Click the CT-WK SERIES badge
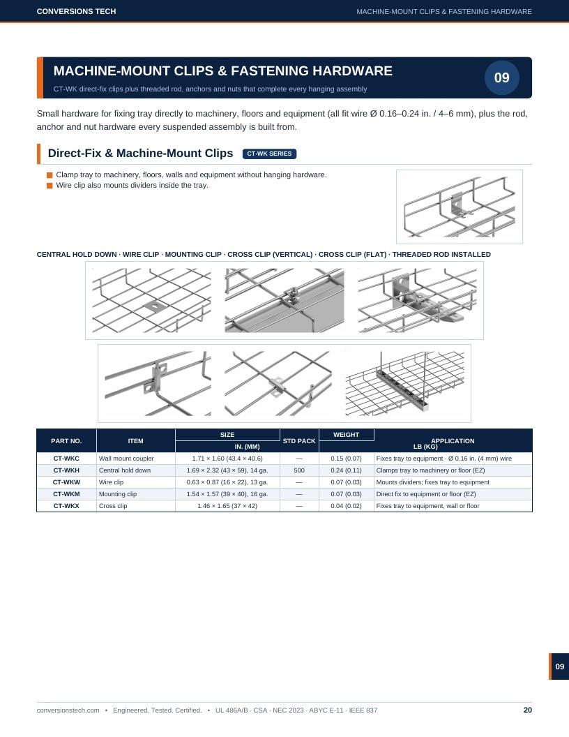(x=269, y=154)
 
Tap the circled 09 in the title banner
(x=502, y=77)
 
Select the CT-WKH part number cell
(x=66, y=470)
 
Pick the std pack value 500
(x=299, y=470)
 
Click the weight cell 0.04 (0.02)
(x=346, y=506)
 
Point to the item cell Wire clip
(x=112, y=482)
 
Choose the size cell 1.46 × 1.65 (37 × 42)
(x=227, y=506)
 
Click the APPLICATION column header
(x=453, y=441)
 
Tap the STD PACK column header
(x=299, y=441)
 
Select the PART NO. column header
(x=66, y=441)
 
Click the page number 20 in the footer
(x=528, y=710)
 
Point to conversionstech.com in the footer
(x=68, y=710)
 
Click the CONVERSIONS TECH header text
(x=76, y=11)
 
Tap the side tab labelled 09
(x=559, y=667)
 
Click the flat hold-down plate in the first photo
(x=155, y=306)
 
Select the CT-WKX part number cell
(x=66, y=506)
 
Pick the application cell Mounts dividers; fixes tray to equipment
(x=432, y=482)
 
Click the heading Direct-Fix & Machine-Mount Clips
(x=140, y=154)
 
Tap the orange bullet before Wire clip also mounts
(x=50, y=186)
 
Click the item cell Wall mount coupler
(x=126, y=459)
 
